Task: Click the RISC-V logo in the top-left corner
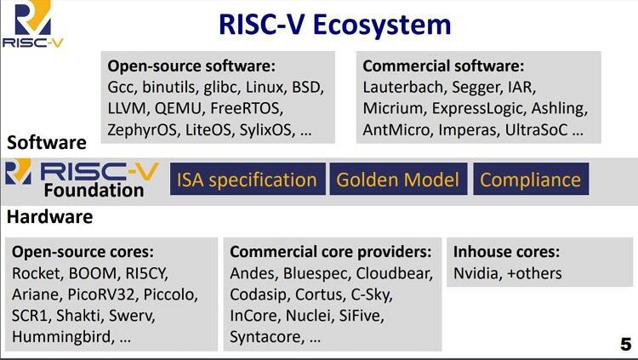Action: coord(32,25)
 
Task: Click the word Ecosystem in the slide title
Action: coord(382,25)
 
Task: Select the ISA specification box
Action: coord(248,180)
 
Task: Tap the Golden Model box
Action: coord(398,180)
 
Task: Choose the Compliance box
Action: coord(531,180)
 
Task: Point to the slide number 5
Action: coord(626,344)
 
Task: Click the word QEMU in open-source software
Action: coord(179,108)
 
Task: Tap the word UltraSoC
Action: coord(536,129)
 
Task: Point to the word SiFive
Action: coord(362,316)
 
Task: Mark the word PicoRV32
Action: coord(101,294)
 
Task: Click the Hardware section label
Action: coord(49,217)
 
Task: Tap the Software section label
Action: coord(47,142)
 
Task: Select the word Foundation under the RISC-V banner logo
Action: coord(94,190)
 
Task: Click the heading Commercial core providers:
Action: coord(330,252)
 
